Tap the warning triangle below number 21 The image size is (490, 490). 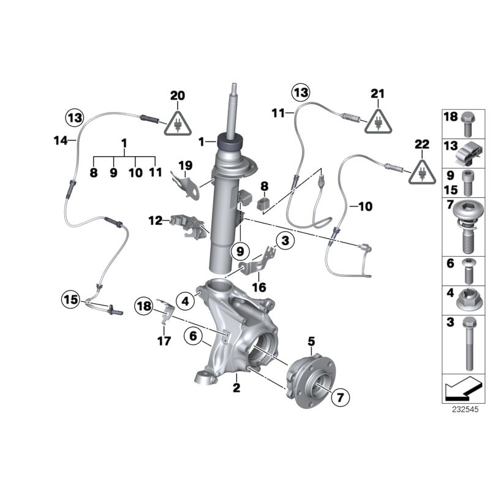point(377,121)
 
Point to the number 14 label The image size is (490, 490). point(59,140)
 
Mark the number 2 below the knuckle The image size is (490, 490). point(236,387)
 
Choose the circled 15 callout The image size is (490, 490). point(70,300)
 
